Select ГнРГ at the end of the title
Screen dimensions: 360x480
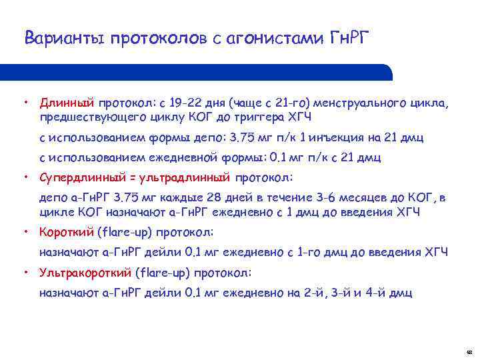pyautogui.click(x=349, y=38)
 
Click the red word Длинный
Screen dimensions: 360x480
pyautogui.click(x=67, y=104)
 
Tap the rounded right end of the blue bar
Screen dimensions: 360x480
pyautogui.click(x=387, y=72)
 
